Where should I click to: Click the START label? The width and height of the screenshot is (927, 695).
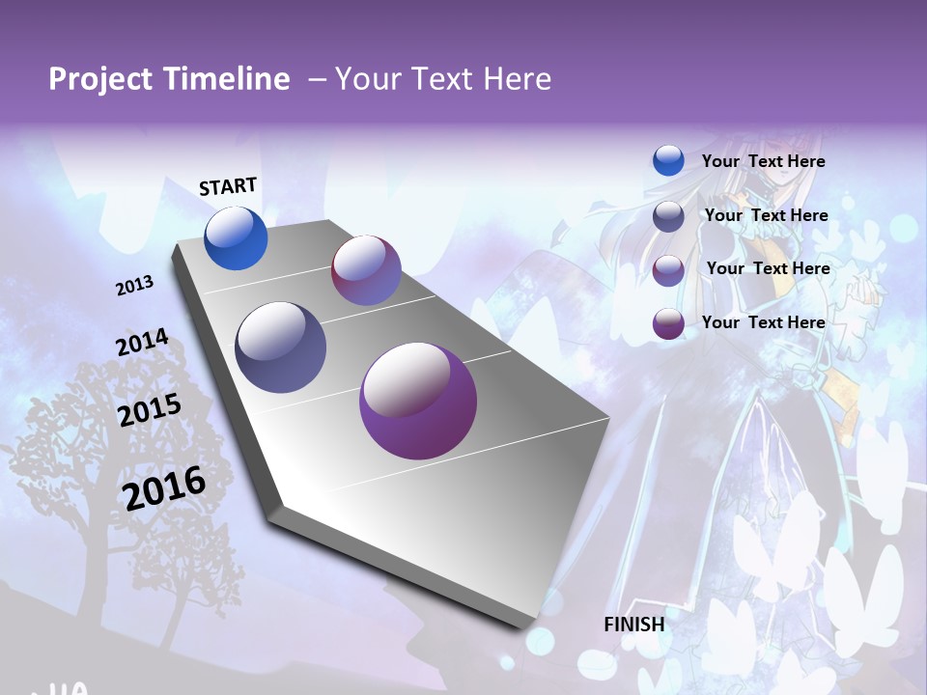coord(228,186)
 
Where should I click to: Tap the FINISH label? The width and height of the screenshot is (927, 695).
coord(633,625)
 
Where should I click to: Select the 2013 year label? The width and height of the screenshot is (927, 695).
coord(134,286)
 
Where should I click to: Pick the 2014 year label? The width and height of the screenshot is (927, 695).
coord(142,343)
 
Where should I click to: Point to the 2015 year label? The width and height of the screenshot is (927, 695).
coord(149,410)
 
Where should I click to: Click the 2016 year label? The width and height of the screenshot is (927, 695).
coord(164,487)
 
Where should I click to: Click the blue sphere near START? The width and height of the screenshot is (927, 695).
coord(236,238)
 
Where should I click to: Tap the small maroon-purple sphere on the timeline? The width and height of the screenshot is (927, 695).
coord(366,270)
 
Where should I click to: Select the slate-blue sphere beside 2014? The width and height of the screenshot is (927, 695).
coord(280,347)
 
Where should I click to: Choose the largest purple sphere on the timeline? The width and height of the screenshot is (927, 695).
coord(417,401)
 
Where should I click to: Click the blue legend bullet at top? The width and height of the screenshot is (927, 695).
coord(668,160)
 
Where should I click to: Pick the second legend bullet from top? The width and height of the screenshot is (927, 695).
coord(668,216)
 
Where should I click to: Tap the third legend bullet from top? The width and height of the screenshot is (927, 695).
coord(668,269)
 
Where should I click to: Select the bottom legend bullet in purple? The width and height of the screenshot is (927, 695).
coord(668,323)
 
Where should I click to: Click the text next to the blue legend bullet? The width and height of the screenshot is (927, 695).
coord(763,161)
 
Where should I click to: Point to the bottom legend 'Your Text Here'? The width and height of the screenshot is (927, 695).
coord(763,322)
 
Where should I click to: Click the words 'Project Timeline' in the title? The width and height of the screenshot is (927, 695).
coord(169,79)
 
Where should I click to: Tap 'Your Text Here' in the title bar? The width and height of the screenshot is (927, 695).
coord(442,79)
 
